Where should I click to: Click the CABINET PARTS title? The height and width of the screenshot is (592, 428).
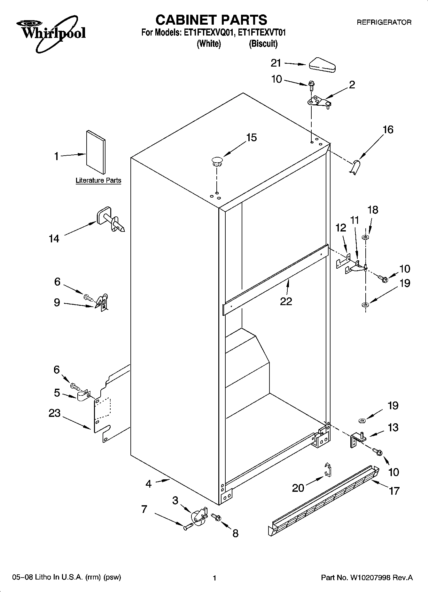(x=211, y=20)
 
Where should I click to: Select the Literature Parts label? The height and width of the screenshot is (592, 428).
(x=98, y=181)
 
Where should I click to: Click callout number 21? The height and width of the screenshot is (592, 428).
(x=276, y=63)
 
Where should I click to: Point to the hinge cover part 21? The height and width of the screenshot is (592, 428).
(x=322, y=64)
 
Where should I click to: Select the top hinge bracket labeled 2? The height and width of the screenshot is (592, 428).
(x=319, y=102)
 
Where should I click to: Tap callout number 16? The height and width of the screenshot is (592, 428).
(x=388, y=130)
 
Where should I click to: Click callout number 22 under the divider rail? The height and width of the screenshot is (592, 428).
(x=286, y=301)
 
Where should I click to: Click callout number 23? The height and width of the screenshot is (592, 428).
(x=54, y=413)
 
